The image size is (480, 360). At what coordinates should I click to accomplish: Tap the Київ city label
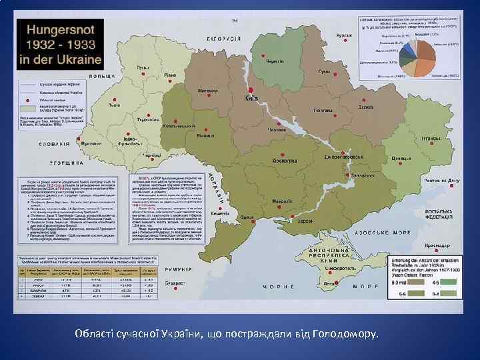(251, 99)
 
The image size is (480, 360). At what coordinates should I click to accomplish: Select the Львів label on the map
(114, 105)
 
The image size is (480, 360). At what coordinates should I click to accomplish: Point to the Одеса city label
(247, 217)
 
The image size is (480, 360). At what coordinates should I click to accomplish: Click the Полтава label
(324, 111)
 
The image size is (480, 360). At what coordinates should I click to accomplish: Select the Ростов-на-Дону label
(441, 180)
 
